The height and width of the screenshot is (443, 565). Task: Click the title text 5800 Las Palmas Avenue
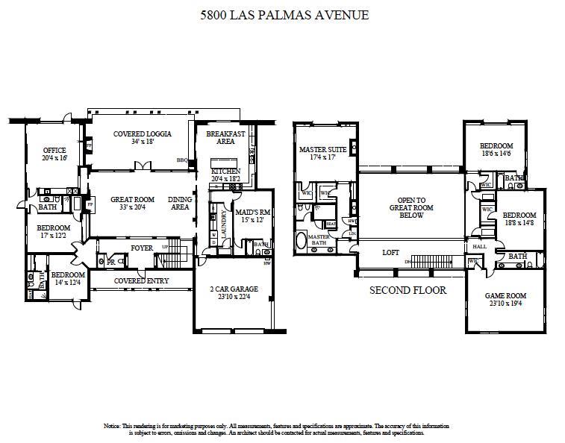(x=284, y=14)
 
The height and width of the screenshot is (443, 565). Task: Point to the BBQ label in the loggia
(x=181, y=160)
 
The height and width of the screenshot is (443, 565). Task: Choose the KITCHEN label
(x=225, y=171)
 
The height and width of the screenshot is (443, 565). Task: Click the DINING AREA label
(x=179, y=203)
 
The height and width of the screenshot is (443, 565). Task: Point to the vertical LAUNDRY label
(x=224, y=222)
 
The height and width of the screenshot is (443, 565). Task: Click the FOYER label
(x=142, y=248)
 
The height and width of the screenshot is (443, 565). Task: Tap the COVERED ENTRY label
(x=141, y=280)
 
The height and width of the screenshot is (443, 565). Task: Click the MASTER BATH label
(x=319, y=239)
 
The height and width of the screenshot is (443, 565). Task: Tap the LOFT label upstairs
(x=391, y=253)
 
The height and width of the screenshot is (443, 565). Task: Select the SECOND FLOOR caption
(x=408, y=289)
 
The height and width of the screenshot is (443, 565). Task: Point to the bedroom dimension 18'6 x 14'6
(x=496, y=153)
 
